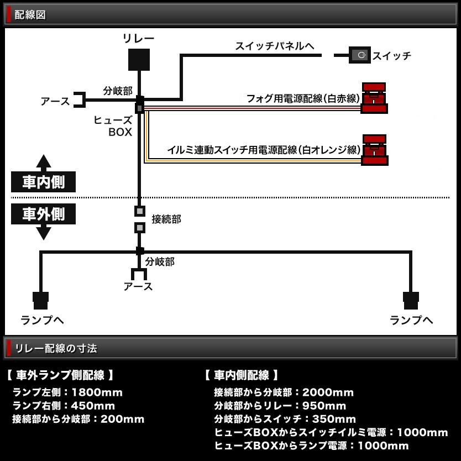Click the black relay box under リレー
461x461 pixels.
pos(139,60)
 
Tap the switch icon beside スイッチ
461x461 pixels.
pos(360,55)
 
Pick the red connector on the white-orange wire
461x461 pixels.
pos(374,150)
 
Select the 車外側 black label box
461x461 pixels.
pos(43,213)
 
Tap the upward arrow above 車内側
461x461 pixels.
pos(44,161)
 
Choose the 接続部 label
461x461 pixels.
pos(166,219)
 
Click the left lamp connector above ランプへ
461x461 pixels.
pos(41,300)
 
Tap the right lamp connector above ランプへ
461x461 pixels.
pos(411,300)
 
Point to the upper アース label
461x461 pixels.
pos(55,101)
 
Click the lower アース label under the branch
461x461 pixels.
pos(138,286)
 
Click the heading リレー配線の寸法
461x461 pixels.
pos(56,348)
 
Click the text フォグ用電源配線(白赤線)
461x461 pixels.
pos(303,98)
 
